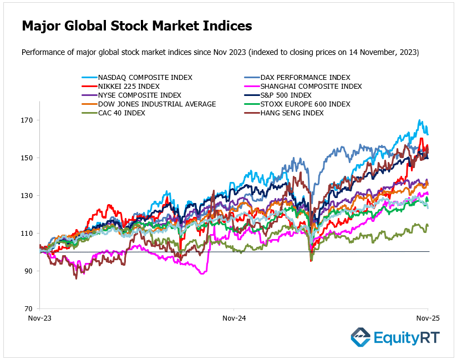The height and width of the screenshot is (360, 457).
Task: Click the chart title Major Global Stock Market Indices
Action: [137, 26]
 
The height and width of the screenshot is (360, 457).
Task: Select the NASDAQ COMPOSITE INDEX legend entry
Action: [145, 78]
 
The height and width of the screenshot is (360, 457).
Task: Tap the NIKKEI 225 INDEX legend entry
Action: [129, 87]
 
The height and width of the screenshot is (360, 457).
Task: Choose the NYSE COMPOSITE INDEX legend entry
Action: [139, 95]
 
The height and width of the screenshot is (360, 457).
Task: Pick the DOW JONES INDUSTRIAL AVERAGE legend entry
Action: [157, 104]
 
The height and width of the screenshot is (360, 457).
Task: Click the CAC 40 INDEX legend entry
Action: [121, 113]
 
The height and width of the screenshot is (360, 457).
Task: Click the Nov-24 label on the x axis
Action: [233, 319]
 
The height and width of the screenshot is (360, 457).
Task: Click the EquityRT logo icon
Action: [360, 337]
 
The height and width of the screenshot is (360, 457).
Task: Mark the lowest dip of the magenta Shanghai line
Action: [203, 273]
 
